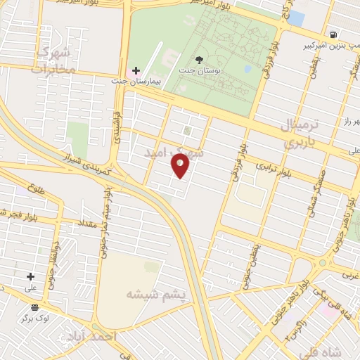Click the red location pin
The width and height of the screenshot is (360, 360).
(x=181, y=165)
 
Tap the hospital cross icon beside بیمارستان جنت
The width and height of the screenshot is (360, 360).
(x=136, y=71)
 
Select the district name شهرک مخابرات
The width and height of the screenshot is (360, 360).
(x=52, y=60)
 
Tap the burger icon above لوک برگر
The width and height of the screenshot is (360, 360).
(x=34, y=307)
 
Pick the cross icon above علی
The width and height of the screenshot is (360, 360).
(x=30, y=276)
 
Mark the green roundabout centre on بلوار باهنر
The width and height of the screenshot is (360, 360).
(x=323, y=263)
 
